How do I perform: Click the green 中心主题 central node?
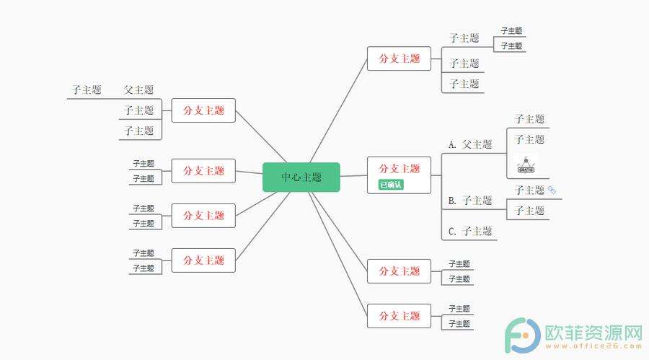point(301,177)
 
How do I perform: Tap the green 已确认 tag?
point(391,185)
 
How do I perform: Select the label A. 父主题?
point(470,144)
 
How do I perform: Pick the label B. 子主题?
point(470,201)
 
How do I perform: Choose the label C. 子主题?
point(470,232)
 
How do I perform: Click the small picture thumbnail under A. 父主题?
point(526,164)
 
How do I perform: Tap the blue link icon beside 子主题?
point(552,190)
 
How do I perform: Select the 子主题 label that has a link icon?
point(529,190)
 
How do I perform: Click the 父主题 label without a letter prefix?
point(138,90)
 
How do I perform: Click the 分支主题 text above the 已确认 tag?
point(399,168)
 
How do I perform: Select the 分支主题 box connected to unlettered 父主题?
point(203,110)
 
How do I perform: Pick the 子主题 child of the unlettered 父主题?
point(86,90)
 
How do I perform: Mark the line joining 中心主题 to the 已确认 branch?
point(353,175)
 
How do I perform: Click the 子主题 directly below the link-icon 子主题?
point(529,211)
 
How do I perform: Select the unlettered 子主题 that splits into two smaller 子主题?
point(464,38)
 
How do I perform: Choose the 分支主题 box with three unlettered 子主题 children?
point(399,58)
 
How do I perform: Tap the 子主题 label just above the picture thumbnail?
point(529,139)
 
